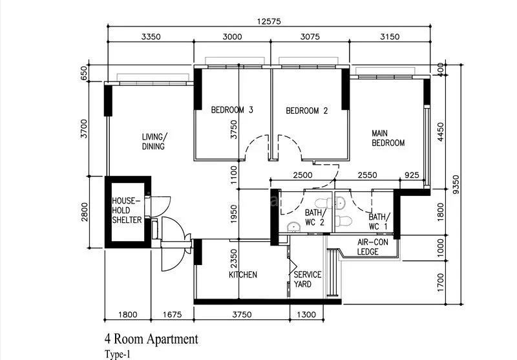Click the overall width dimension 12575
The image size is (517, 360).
pyautogui.click(x=269, y=22)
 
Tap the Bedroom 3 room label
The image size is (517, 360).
pyautogui.click(x=232, y=110)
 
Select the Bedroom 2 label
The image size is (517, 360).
pyautogui.click(x=307, y=111)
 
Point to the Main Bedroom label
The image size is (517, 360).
pyautogui.click(x=388, y=138)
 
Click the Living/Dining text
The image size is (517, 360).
pyautogui.click(x=154, y=142)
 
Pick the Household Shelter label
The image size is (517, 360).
pyautogui.click(x=127, y=210)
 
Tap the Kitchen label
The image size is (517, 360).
pyautogui.click(x=243, y=275)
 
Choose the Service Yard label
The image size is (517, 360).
pyautogui.click(x=308, y=279)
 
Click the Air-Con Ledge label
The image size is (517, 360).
pyautogui.click(x=373, y=247)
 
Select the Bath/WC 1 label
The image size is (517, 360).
pyautogui.click(x=379, y=222)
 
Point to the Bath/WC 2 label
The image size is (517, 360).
pyautogui.click(x=315, y=218)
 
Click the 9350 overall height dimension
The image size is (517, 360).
pyautogui.click(x=456, y=185)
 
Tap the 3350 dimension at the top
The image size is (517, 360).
pyautogui.click(x=151, y=37)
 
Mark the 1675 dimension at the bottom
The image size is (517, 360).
pyautogui.click(x=172, y=315)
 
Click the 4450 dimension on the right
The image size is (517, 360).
pyautogui.click(x=441, y=132)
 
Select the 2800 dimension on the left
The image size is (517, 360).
pyautogui.click(x=85, y=212)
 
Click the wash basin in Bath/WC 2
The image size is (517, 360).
pyautogui.click(x=293, y=227)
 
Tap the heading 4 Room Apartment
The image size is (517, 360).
pyautogui.click(x=151, y=339)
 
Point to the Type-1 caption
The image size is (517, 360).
pyautogui.click(x=118, y=354)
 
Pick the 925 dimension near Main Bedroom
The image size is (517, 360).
pyautogui.click(x=412, y=175)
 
